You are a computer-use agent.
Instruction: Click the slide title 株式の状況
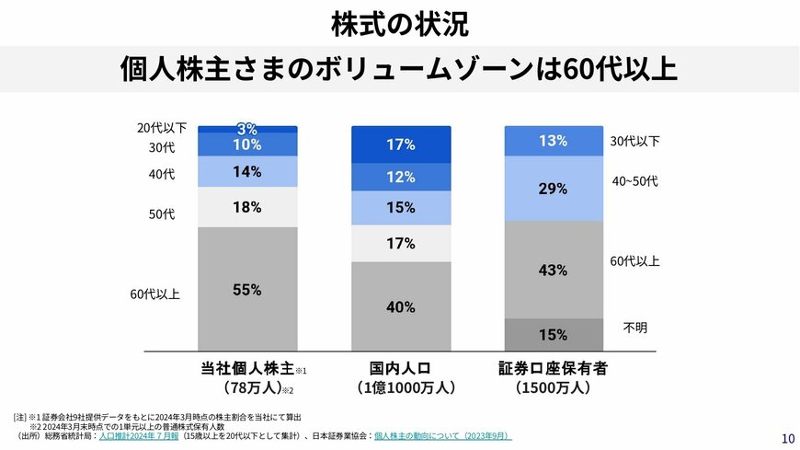click(399, 24)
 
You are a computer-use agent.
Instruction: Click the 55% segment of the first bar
click(247, 289)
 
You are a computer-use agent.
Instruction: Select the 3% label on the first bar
click(247, 129)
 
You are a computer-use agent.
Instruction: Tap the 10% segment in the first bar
click(247, 144)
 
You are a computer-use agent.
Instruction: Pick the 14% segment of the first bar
click(247, 171)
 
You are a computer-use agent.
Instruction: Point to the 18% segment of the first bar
click(247, 207)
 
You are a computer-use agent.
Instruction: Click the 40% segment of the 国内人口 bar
click(401, 306)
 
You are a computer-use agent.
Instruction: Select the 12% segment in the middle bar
click(401, 177)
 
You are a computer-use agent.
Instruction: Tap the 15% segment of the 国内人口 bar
click(401, 208)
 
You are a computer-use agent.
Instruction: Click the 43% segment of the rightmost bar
click(554, 270)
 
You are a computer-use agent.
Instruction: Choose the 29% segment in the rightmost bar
click(554, 189)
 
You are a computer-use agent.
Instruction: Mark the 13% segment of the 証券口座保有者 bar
click(554, 141)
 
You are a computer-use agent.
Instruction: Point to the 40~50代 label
click(634, 181)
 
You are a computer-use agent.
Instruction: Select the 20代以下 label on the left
click(162, 128)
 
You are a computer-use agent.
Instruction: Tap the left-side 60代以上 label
click(154, 294)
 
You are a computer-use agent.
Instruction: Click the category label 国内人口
click(401, 369)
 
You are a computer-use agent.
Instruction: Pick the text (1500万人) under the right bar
click(554, 388)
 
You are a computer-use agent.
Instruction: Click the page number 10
click(788, 438)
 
